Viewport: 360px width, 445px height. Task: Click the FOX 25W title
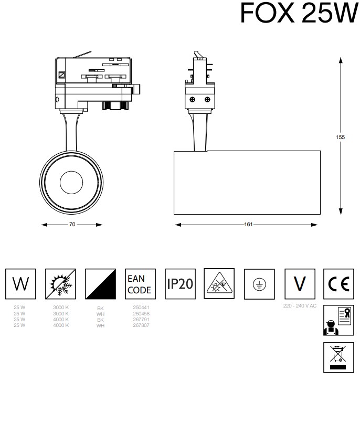(299, 13)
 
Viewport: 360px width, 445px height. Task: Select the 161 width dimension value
(248, 225)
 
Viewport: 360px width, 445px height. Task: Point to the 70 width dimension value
(72, 225)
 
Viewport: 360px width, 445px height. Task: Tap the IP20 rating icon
(180, 284)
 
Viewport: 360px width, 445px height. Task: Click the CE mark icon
(338, 284)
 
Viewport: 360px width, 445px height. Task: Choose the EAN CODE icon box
(139, 284)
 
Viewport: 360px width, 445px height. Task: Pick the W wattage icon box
(20, 284)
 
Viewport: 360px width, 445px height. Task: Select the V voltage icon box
(299, 284)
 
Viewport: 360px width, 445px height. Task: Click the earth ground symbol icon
(259, 284)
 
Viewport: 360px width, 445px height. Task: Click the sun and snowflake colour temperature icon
(60, 284)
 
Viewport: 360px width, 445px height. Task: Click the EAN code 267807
(139, 325)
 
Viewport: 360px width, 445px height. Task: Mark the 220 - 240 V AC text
(300, 305)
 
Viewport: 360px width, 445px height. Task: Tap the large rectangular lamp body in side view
(247, 182)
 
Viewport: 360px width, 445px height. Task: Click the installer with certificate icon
(338, 320)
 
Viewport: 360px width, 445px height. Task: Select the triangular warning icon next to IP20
(219, 284)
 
